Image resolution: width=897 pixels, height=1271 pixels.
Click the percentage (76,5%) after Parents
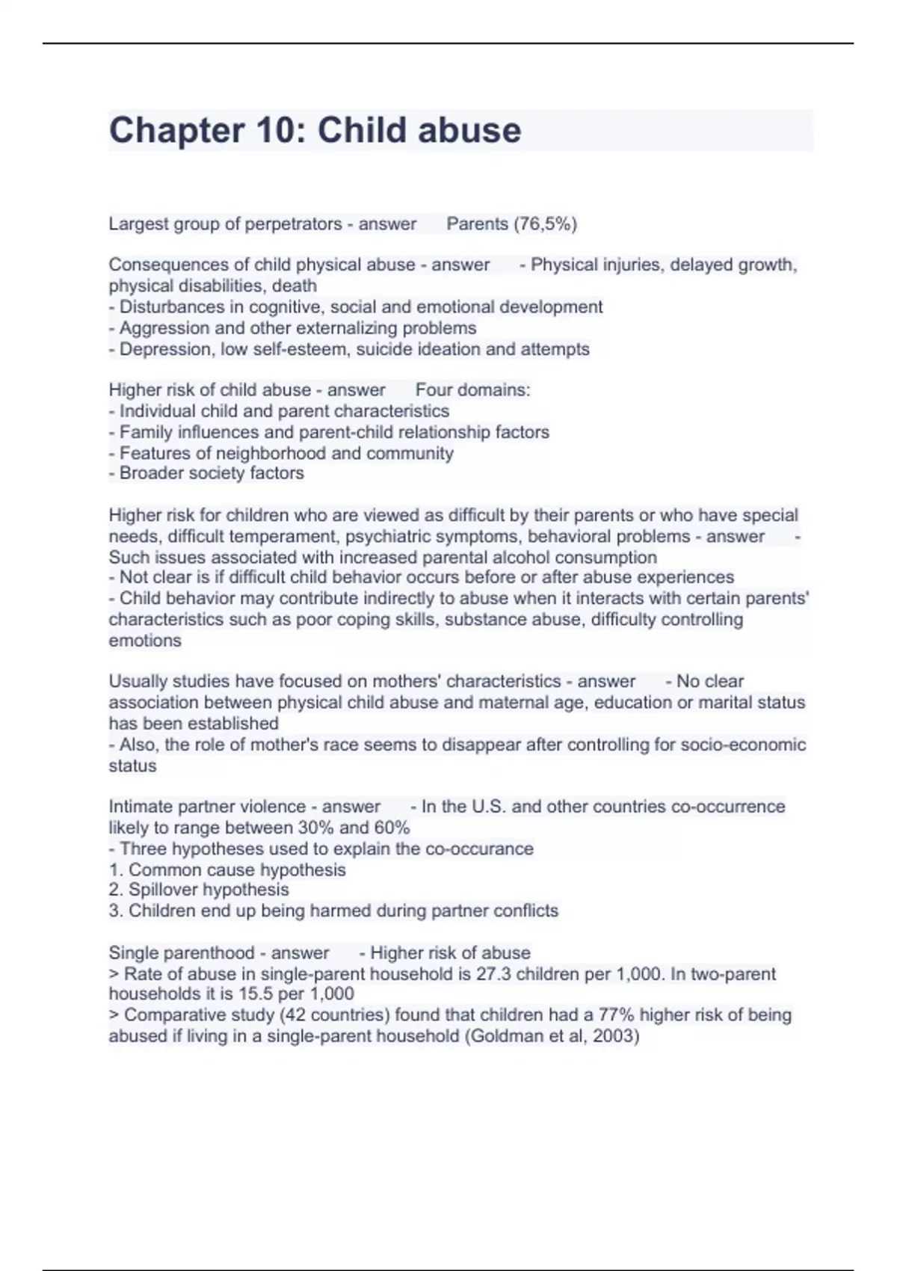click(x=544, y=224)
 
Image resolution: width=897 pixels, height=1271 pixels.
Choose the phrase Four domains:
click(x=472, y=390)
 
